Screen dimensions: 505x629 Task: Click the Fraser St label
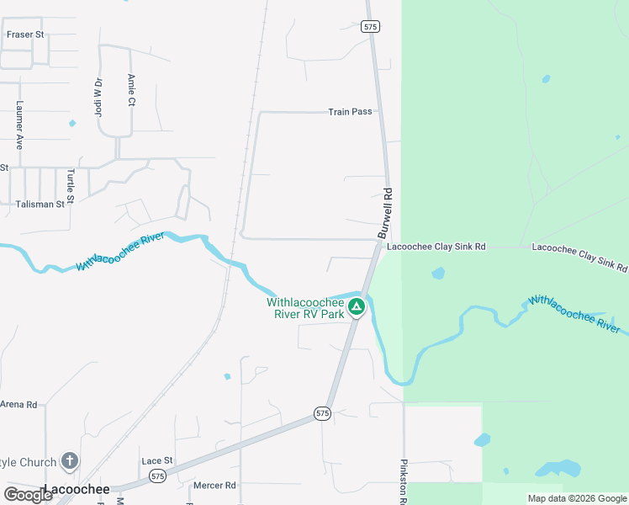tap(24, 35)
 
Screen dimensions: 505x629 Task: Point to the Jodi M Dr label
tap(98, 97)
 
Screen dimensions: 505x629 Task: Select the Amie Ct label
tap(131, 90)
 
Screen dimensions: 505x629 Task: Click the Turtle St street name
tap(71, 186)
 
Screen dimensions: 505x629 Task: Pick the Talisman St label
tap(40, 204)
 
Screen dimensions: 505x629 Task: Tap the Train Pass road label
tap(350, 111)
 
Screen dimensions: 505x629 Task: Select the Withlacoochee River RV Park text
tap(306, 308)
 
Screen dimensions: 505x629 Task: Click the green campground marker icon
tap(357, 307)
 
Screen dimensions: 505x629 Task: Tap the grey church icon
tap(70, 461)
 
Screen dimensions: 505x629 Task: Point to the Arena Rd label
tap(18, 405)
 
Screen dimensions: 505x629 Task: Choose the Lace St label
tap(156, 460)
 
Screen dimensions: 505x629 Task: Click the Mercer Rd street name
tap(214, 485)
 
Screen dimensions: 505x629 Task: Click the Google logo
tap(28, 494)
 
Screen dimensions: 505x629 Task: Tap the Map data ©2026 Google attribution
tap(577, 498)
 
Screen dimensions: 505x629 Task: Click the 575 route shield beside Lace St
tap(156, 476)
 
